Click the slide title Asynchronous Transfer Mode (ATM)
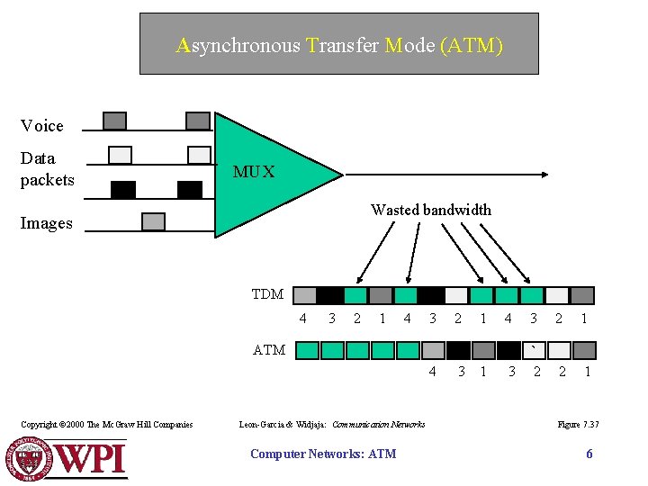pyautogui.click(x=339, y=45)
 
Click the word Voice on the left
pyautogui.click(x=42, y=125)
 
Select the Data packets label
pyautogui.click(x=47, y=168)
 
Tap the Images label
pyautogui.click(x=46, y=223)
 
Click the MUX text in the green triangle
pyautogui.click(x=254, y=171)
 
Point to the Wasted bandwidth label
pyautogui.click(x=431, y=210)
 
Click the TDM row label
pyautogui.click(x=267, y=294)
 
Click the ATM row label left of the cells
pyautogui.click(x=269, y=350)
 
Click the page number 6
pyautogui.click(x=589, y=454)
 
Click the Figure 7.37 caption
pyautogui.click(x=578, y=424)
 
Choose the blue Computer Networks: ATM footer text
pyautogui.click(x=322, y=454)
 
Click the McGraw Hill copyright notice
pyautogui.click(x=106, y=424)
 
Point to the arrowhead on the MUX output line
pyautogui.click(x=544, y=173)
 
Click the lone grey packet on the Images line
pyautogui.click(x=154, y=221)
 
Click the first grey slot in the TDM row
pyautogui.click(x=305, y=295)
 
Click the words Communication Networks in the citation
pyautogui.click(x=379, y=424)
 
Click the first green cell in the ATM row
pyautogui.click(x=308, y=350)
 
